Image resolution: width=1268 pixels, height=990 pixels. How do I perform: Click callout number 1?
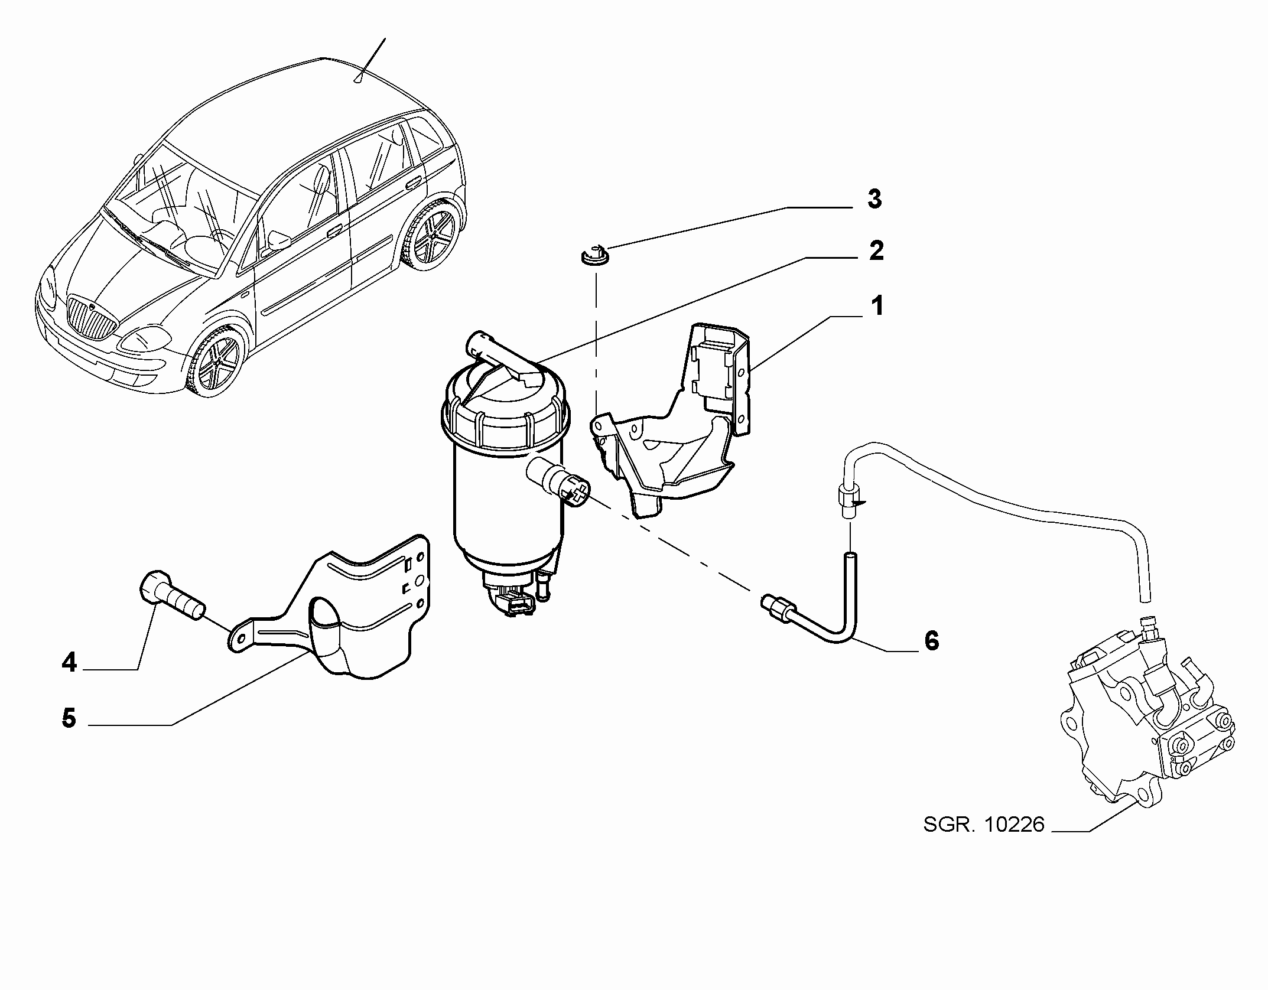(x=877, y=307)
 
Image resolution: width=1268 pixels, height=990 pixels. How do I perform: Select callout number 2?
(x=876, y=251)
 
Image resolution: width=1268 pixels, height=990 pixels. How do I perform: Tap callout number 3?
(x=874, y=199)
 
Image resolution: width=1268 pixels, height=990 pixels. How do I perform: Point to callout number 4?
(x=69, y=663)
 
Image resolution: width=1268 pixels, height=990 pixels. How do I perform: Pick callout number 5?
(x=69, y=719)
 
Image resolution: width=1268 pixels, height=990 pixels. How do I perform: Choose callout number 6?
(x=931, y=640)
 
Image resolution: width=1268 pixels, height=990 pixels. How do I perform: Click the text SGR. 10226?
(x=984, y=825)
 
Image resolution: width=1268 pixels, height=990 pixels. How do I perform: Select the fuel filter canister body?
(x=505, y=473)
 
